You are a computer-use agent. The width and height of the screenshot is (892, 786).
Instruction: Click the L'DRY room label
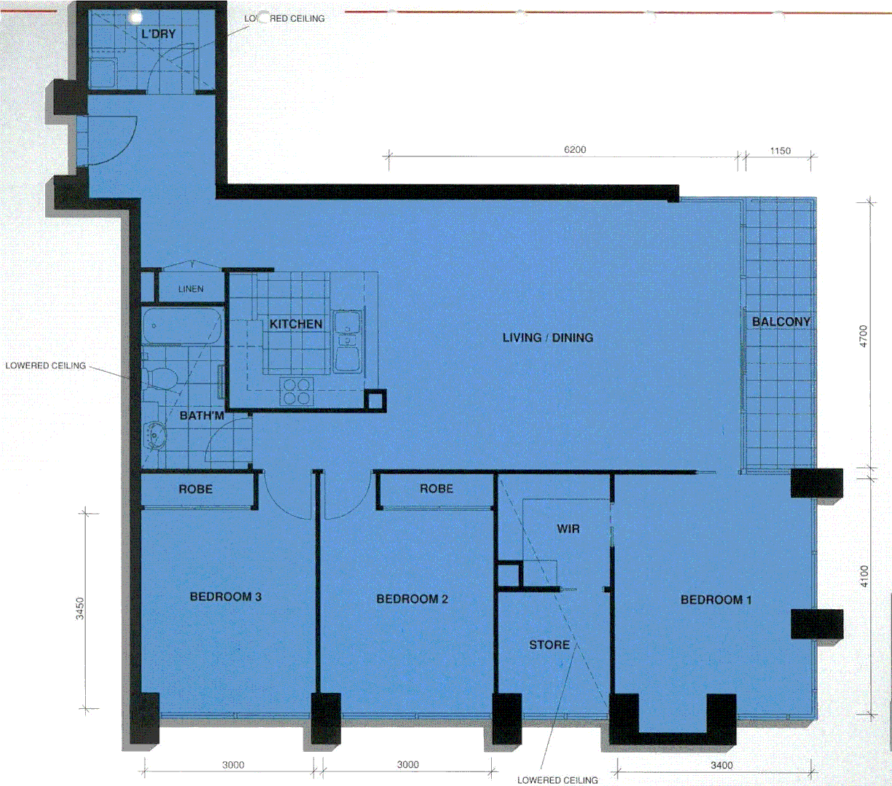click(159, 33)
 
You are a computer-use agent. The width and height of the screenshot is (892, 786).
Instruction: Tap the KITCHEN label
click(295, 324)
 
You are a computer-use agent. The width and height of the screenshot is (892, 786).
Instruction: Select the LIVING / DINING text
click(548, 338)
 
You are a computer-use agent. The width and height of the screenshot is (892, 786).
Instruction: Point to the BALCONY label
click(781, 322)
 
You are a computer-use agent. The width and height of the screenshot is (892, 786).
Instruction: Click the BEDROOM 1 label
click(716, 600)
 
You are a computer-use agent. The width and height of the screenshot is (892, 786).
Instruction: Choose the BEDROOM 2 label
click(412, 599)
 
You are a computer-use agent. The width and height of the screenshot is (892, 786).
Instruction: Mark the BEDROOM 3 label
click(226, 597)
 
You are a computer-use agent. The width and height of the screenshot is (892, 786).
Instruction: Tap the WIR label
click(568, 529)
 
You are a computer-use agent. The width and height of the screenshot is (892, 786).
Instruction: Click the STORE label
click(549, 645)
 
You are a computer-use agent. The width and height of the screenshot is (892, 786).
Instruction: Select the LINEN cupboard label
click(191, 289)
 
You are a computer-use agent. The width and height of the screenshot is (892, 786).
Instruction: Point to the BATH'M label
click(202, 416)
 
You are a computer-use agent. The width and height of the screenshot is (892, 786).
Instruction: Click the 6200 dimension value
click(575, 150)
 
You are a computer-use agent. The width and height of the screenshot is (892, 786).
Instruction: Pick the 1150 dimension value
click(780, 151)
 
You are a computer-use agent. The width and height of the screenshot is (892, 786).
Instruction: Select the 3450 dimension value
click(80, 608)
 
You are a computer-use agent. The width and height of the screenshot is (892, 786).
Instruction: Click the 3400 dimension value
click(722, 765)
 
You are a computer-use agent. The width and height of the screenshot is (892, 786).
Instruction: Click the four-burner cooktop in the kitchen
click(296, 391)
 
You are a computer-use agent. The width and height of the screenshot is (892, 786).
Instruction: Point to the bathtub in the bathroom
click(181, 327)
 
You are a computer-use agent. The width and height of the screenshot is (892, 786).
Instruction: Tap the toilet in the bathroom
click(160, 378)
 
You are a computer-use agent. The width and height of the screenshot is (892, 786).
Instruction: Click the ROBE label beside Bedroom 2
click(437, 489)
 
